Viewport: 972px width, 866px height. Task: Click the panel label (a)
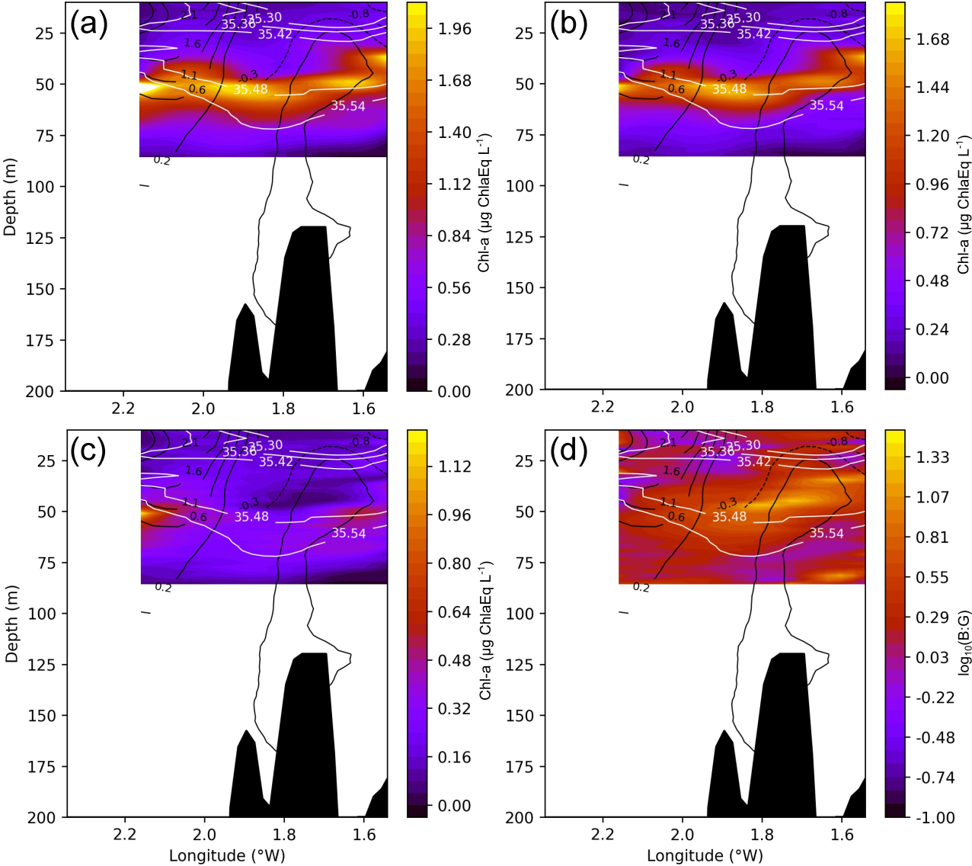pyautogui.click(x=89, y=24)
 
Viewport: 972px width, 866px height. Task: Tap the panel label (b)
pyautogui.click(x=568, y=24)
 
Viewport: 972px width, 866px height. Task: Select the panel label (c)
pyautogui.click(x=88, y=451)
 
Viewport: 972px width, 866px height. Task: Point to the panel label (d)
pyautogui.click(x=568, y=451)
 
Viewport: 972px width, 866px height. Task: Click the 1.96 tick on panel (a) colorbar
pyautogui.click(x=455, y=29)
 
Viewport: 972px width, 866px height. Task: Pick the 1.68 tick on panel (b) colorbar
pyautogui.click(x=933, y=39)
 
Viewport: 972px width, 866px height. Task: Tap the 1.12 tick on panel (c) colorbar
pyautogui.click(x=455, y=467)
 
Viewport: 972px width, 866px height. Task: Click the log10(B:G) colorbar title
pyautogui.click(x=964, y=642)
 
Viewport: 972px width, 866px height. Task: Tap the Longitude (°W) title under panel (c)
pyautogui.click(x=227, y=855)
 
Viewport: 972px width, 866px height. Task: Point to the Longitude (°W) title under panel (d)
pyautogui.click(x=705, y=855)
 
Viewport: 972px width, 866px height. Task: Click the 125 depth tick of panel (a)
pyautogui.click(x=40, y=238)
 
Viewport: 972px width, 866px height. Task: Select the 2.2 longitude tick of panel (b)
pyautogui.click(x=602, y=407)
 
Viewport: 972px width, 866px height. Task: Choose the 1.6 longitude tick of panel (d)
pyautogui.click(x=842, y=834)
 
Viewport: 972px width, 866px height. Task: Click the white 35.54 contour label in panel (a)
pyautogui.click(x=348, y=106)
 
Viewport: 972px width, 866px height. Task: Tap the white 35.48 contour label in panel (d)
pyautogui.click(x=729, y=517)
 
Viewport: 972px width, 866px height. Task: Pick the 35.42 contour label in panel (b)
pyautogui.click(x=753, y=34)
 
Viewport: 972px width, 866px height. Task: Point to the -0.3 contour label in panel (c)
pyautogui.click(x=249, y=504)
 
